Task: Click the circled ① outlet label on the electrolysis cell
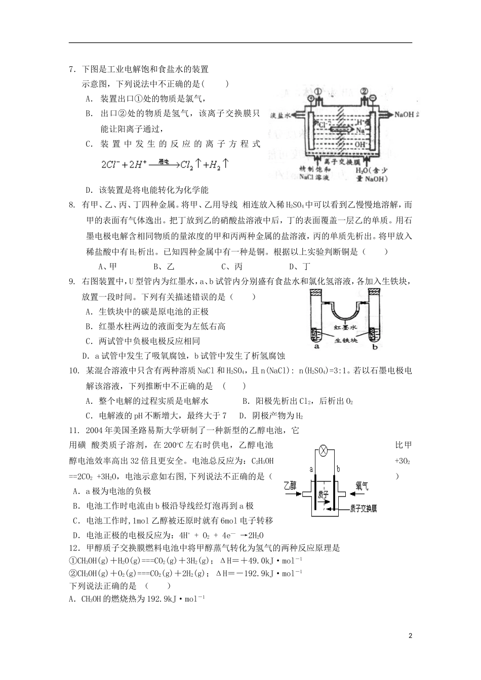tap(317, 91)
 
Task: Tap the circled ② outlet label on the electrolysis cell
tap(365, 91)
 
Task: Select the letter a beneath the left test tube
tap(316, 347)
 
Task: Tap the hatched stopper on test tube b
tap(375, 292)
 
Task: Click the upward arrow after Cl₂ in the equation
tap(198, 164)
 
